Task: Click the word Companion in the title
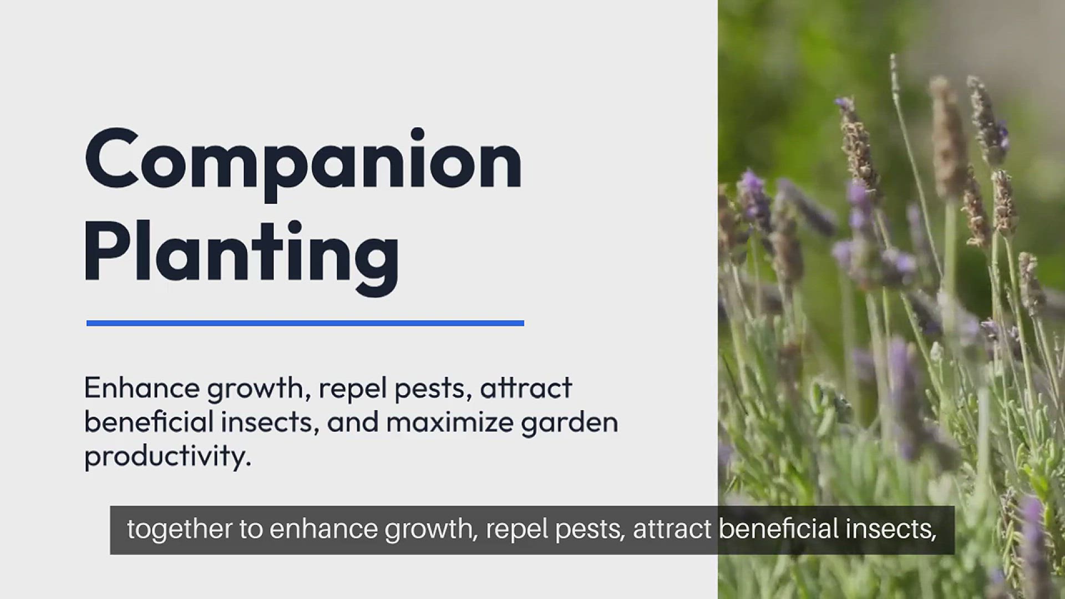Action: tap(303, 161)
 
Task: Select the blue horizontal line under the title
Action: tap(305, 323)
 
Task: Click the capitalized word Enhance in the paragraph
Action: tap(141, 388)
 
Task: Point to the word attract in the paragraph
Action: tap(525, 388)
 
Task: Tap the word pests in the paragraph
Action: tap(433, 389)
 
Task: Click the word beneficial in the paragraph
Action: tap(149, 422)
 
